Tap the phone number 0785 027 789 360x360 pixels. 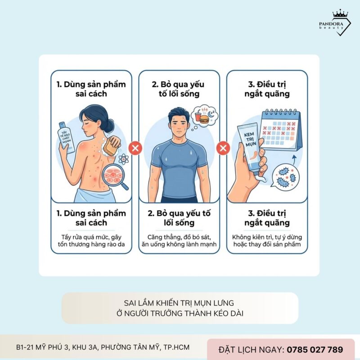tap(315, 349)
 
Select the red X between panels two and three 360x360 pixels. tap(223, 147)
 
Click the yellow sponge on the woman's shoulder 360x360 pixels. tap(112, 145)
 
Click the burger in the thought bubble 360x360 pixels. tap(203, 119)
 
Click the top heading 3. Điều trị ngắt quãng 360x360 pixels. tap(267, 89)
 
